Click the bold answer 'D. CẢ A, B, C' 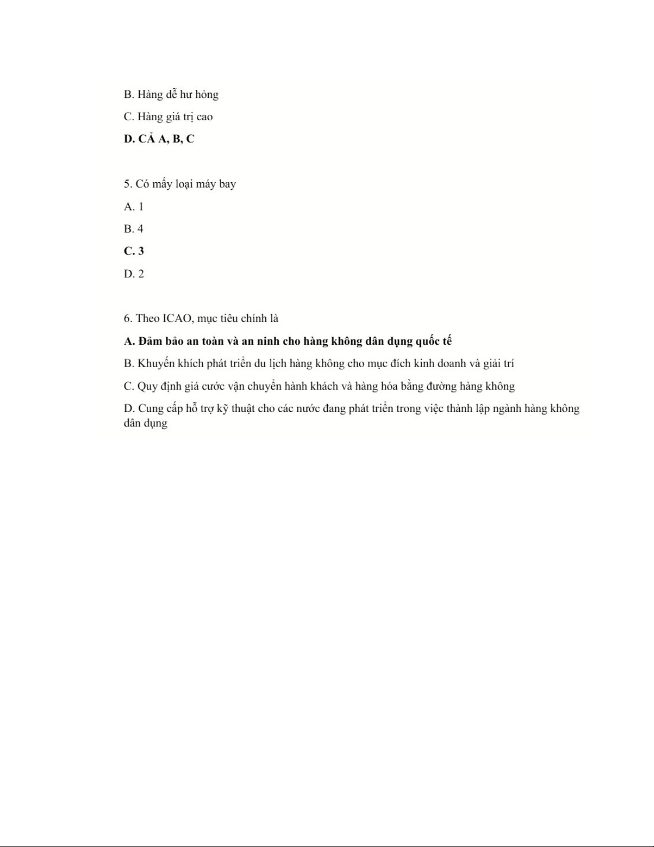[x=159, y=139]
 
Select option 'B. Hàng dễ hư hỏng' [x=171, y=95]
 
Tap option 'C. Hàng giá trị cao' [x=168, y=116]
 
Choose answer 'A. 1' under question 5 [x=133, y=206]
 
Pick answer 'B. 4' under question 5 [x=133, y=229]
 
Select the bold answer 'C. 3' [x=133, y=251]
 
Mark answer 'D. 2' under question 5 [x=133, y=274]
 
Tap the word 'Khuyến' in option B [x=156, y=363]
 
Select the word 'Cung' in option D [x=151, y=408]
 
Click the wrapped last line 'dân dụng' [x=145, y=423]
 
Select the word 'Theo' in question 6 [x=147, y=318]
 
